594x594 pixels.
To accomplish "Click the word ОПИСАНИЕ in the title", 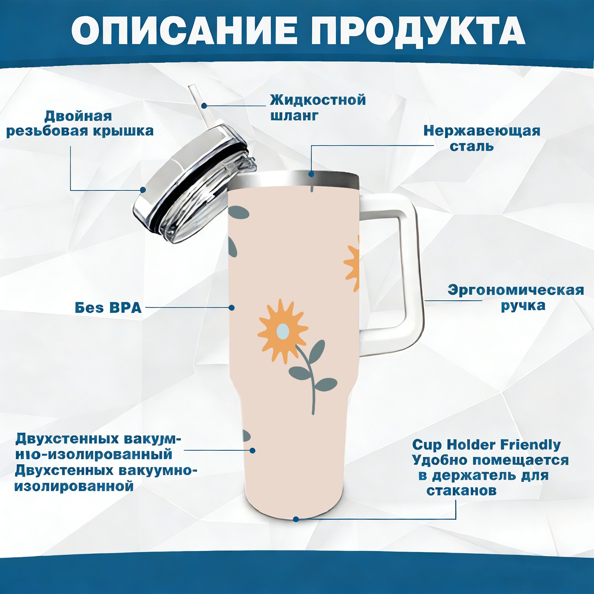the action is (x=184, y=30).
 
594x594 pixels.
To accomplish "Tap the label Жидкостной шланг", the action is (x=318, y=108).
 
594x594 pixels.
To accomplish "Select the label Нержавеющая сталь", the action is (x=482, y=138).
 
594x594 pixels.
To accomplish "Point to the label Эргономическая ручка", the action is (x=516, y=298).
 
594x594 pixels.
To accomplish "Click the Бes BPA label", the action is (x=108, y=308).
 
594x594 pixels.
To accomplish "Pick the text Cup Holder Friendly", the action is (x=486, y=444).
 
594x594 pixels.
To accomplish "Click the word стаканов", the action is (x=461, y=490).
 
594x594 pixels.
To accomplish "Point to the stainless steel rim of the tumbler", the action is (x=293, y=180).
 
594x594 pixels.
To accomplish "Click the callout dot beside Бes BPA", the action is (x=231, y=307).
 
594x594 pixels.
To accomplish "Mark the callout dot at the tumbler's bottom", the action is (x=296, y=519).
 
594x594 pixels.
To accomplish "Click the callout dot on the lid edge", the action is (x=143, y=190).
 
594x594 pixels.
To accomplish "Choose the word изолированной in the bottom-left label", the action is (x=74, y=486).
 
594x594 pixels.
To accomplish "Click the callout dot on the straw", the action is (x=204, y=105).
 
